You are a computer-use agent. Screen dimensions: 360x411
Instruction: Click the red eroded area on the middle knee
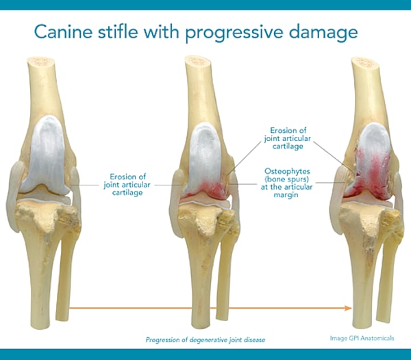[x=206, y=185]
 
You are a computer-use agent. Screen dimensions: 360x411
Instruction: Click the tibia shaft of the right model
[x=363, y=274]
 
